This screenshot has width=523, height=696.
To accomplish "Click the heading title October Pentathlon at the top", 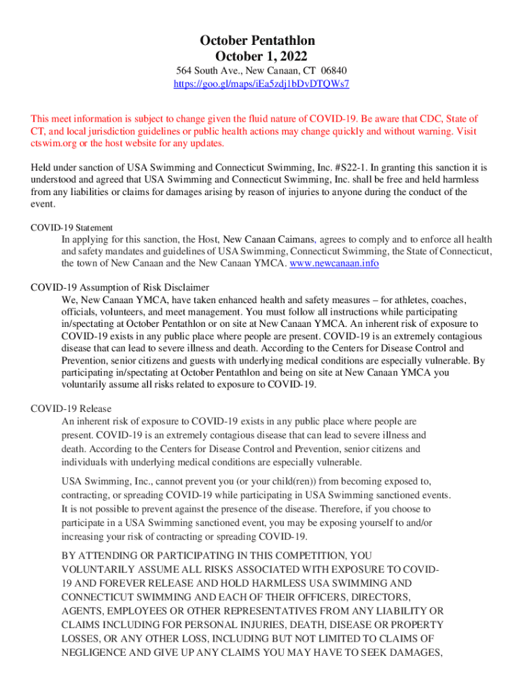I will [261, 41].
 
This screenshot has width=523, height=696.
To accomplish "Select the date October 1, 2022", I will [261, 56].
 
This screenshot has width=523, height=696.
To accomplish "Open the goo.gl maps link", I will [261, 84].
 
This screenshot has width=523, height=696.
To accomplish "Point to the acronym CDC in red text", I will [403, 118].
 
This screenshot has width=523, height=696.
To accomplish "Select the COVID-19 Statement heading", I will [72, 228].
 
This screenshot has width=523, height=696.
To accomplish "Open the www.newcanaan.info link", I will [334, 263].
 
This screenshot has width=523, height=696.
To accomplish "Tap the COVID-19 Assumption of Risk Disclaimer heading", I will [120, 288].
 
